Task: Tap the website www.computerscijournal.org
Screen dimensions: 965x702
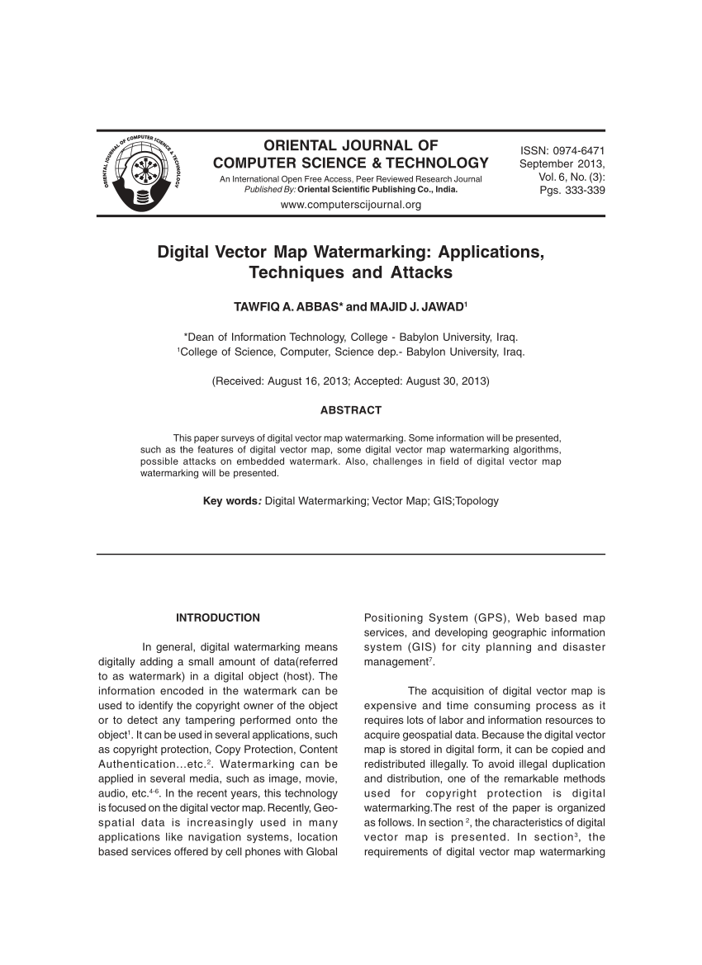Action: (x=351, y=205)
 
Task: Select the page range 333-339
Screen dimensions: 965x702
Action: (x=582, y=191)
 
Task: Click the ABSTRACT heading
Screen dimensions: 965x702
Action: (x=350, y=410)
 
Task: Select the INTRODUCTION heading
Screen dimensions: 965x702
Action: (x=218, y=617)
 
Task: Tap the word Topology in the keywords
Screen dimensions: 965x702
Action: (x=477, y=500)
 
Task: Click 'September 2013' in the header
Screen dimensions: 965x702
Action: (x=562, y=163)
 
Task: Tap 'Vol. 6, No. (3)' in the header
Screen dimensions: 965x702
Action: (x=572, y=177)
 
